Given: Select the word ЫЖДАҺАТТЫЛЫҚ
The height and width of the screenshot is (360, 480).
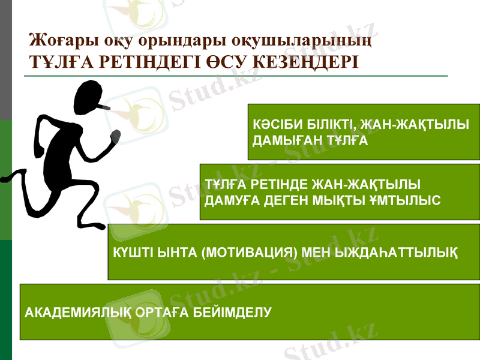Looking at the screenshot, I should click(x=398, y=252).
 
